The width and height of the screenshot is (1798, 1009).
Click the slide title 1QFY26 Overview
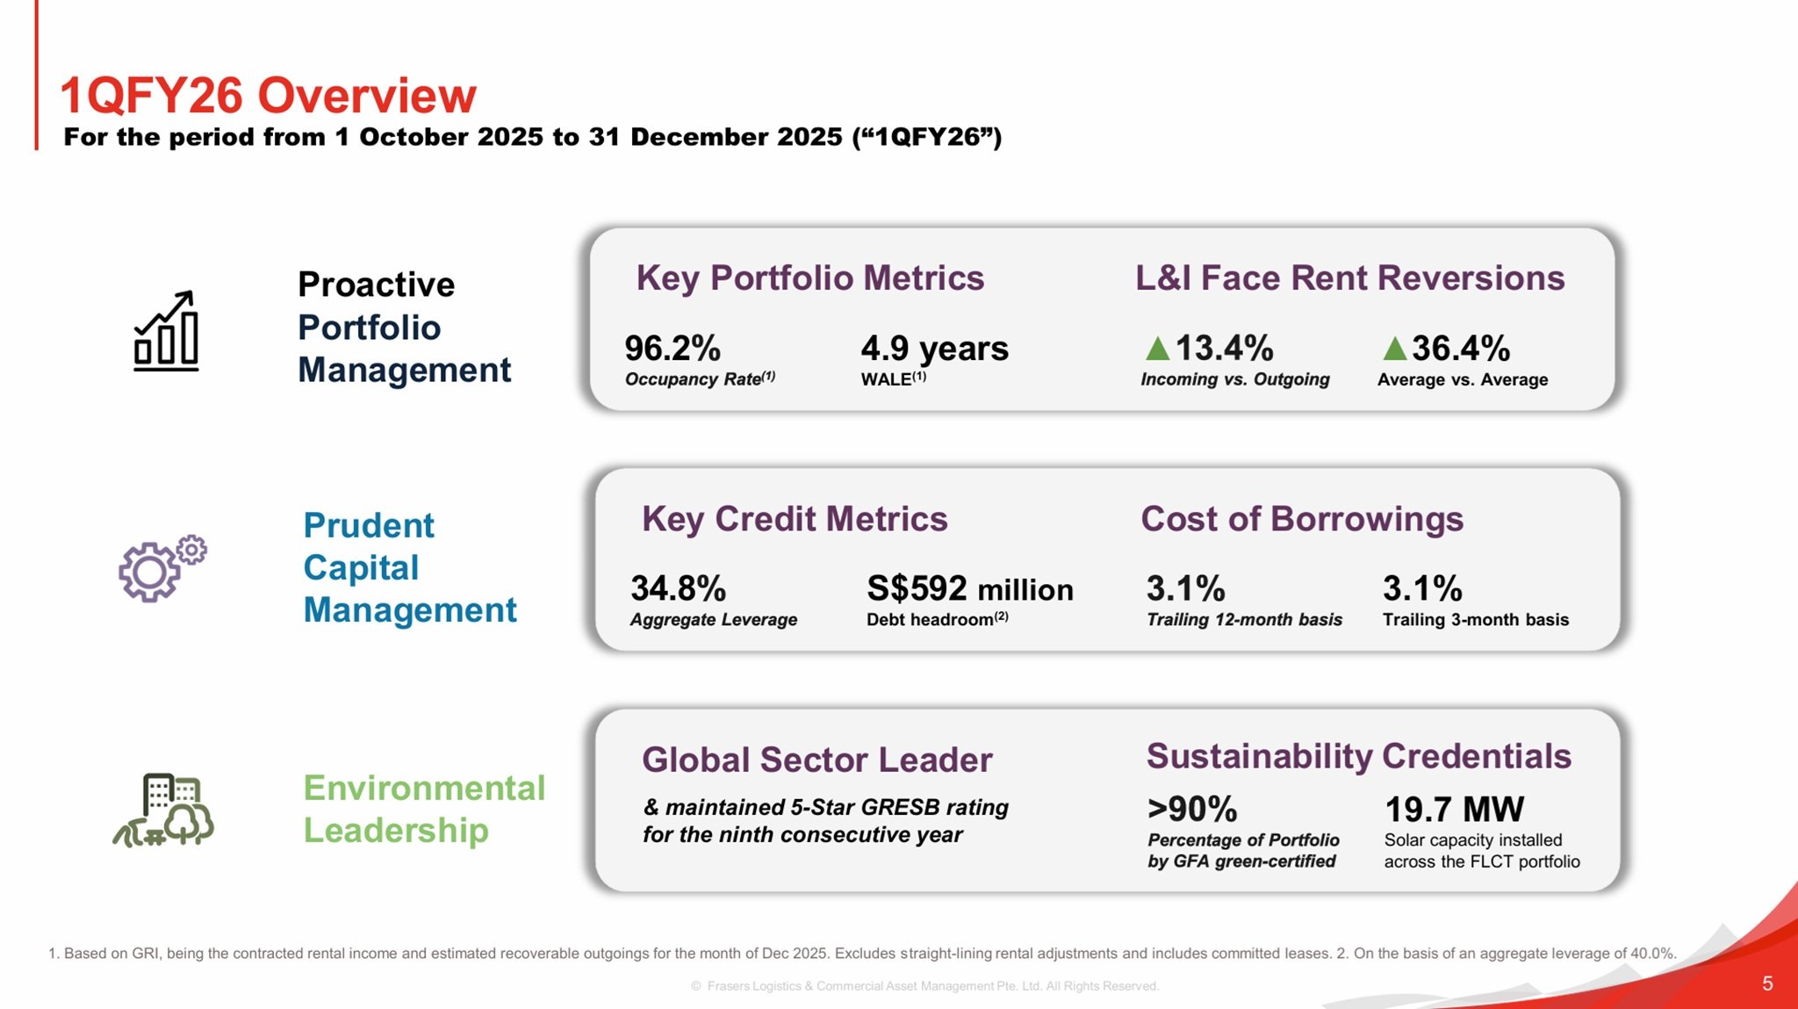point(268,95)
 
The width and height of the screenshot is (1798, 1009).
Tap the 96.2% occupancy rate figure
point(672,349)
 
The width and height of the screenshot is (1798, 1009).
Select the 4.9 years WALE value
point(934,349)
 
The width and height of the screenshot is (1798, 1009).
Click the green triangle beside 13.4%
point(1158,350)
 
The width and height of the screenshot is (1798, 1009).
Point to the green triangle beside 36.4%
point(1394,350)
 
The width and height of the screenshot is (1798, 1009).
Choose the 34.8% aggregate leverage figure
point(678,588)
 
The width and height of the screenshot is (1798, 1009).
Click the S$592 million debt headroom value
point(969,588)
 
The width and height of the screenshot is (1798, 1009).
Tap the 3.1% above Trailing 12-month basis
point(1185,588)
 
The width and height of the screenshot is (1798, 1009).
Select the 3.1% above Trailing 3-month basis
point(1421,588)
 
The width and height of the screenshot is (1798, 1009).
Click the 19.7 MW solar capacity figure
point(1454,809)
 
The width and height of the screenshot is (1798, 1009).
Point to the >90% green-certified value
point(1191,809)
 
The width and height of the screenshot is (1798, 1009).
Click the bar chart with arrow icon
point(166,331)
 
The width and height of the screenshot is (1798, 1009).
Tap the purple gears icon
point(162,568)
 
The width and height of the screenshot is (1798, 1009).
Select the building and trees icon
point(164,810)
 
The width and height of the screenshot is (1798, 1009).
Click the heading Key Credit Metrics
point(795,519)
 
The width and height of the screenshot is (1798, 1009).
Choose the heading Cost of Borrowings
point(1302,519)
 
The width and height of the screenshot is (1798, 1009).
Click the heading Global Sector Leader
point(816,760)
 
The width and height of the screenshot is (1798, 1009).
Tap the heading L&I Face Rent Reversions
point(1349,278)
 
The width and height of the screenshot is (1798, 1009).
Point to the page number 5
point(1767,984)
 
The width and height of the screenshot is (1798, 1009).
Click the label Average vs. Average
point(1462,379)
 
